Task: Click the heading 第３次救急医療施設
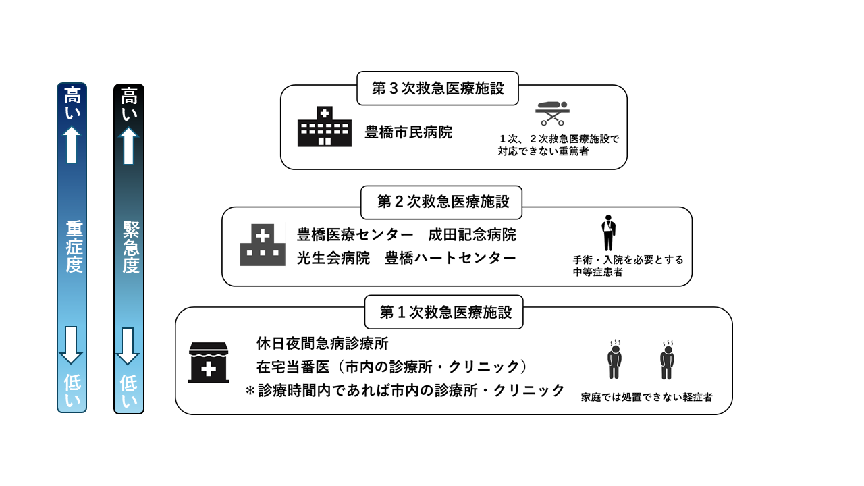[x=437, y=88]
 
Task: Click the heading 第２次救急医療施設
[x=441, y=202]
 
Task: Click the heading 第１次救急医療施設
[x=444, y=313]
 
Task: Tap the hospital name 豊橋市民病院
[x=408, y=132]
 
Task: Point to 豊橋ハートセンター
[x=450, y=258]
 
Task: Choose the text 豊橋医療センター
[x=355, y=235]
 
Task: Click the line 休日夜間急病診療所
[x=323, y=344]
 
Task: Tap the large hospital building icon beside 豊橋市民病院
[x=324, y=126]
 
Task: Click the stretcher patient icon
[x=552, y=113]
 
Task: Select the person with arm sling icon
[x=609, y=233]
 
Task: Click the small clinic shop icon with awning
[x=209, y=362]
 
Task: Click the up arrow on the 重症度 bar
[x=72, y=144]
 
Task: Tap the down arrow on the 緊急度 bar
[x=128, y=345]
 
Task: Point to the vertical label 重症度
[x=73, y=246]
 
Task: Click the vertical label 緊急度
[x=130, y=247]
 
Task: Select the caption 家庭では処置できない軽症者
[x=646, y=398]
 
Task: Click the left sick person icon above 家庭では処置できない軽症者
[x=614, y=361]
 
